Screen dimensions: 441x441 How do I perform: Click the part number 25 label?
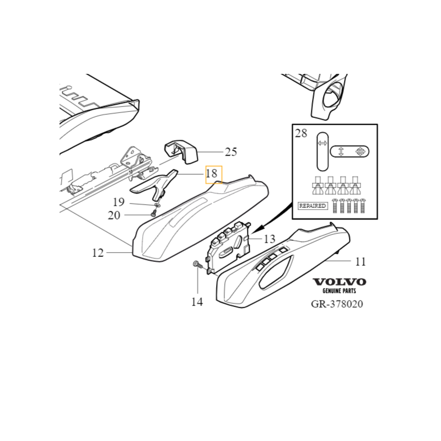(x=231, y=152)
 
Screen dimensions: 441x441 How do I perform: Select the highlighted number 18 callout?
(x=214, y=175)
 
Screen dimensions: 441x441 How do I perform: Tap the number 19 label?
(x=119, y=202)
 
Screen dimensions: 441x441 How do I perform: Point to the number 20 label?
(x=114, y=216)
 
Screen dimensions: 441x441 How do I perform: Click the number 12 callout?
(x=98, y=253)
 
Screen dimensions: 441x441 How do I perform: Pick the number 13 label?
(x=270, y=239)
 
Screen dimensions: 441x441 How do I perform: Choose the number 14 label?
(x=197, y=302)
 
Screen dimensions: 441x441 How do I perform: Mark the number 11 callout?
(x=361, y=261)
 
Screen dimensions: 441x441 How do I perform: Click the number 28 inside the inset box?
(x=301, y=133)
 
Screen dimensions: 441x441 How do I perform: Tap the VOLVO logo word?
(x=340, y=282)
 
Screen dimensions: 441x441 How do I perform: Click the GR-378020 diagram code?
(x=337, y=304)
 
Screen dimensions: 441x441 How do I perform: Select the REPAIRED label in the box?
(x=313, y=206)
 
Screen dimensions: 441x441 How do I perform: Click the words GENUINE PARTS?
(x=339, y=291)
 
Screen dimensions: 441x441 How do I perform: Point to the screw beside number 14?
(x=198, y=265)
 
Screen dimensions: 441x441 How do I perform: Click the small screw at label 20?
(x=154, y=214)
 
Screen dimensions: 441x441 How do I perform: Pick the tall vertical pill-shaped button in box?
(x=322, y=152)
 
